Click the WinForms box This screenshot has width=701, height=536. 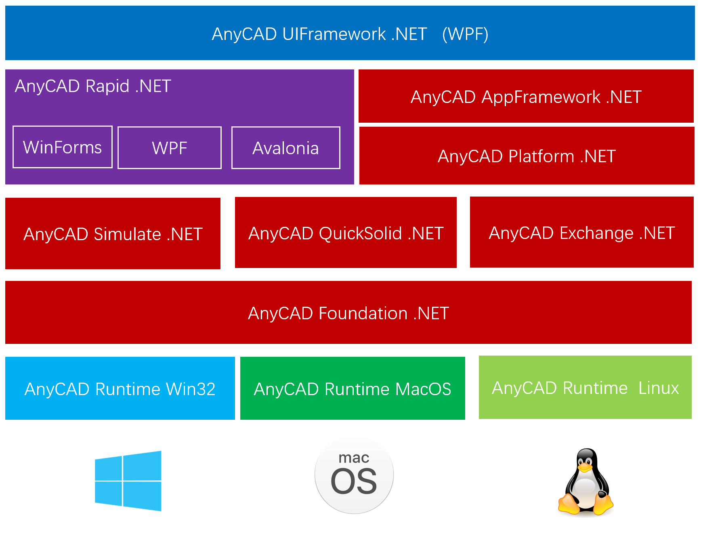[x=63, y=147]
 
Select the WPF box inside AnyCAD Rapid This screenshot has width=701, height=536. [x=170, y=148]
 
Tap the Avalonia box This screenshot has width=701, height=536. [x=285, y=148]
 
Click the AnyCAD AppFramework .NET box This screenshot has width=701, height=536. [x=526, y=96]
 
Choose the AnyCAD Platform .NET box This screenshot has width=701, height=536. [x=527, y=156]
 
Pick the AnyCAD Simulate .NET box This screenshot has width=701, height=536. [x=113, y=234]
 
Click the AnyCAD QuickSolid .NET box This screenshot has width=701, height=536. [x=346, y=233]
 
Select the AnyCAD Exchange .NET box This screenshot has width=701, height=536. [x=581, y=232]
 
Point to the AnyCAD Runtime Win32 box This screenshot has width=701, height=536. [x=120, y=388]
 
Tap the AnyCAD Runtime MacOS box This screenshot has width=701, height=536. [x=353, y=388]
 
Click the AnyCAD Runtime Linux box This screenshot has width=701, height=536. [x=585, y=387]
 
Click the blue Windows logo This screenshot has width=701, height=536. [x=128, y=481]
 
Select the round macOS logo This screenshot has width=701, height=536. [x=354, y=476]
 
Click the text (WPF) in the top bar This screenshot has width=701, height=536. [x=465, y=34]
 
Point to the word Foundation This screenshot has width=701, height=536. [x=363, y=313]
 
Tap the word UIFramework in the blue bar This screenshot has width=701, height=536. [x=334, y=34]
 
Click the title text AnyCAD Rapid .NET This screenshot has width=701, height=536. [x=93, y=86]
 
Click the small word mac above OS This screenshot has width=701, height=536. [x=354, y=458]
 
